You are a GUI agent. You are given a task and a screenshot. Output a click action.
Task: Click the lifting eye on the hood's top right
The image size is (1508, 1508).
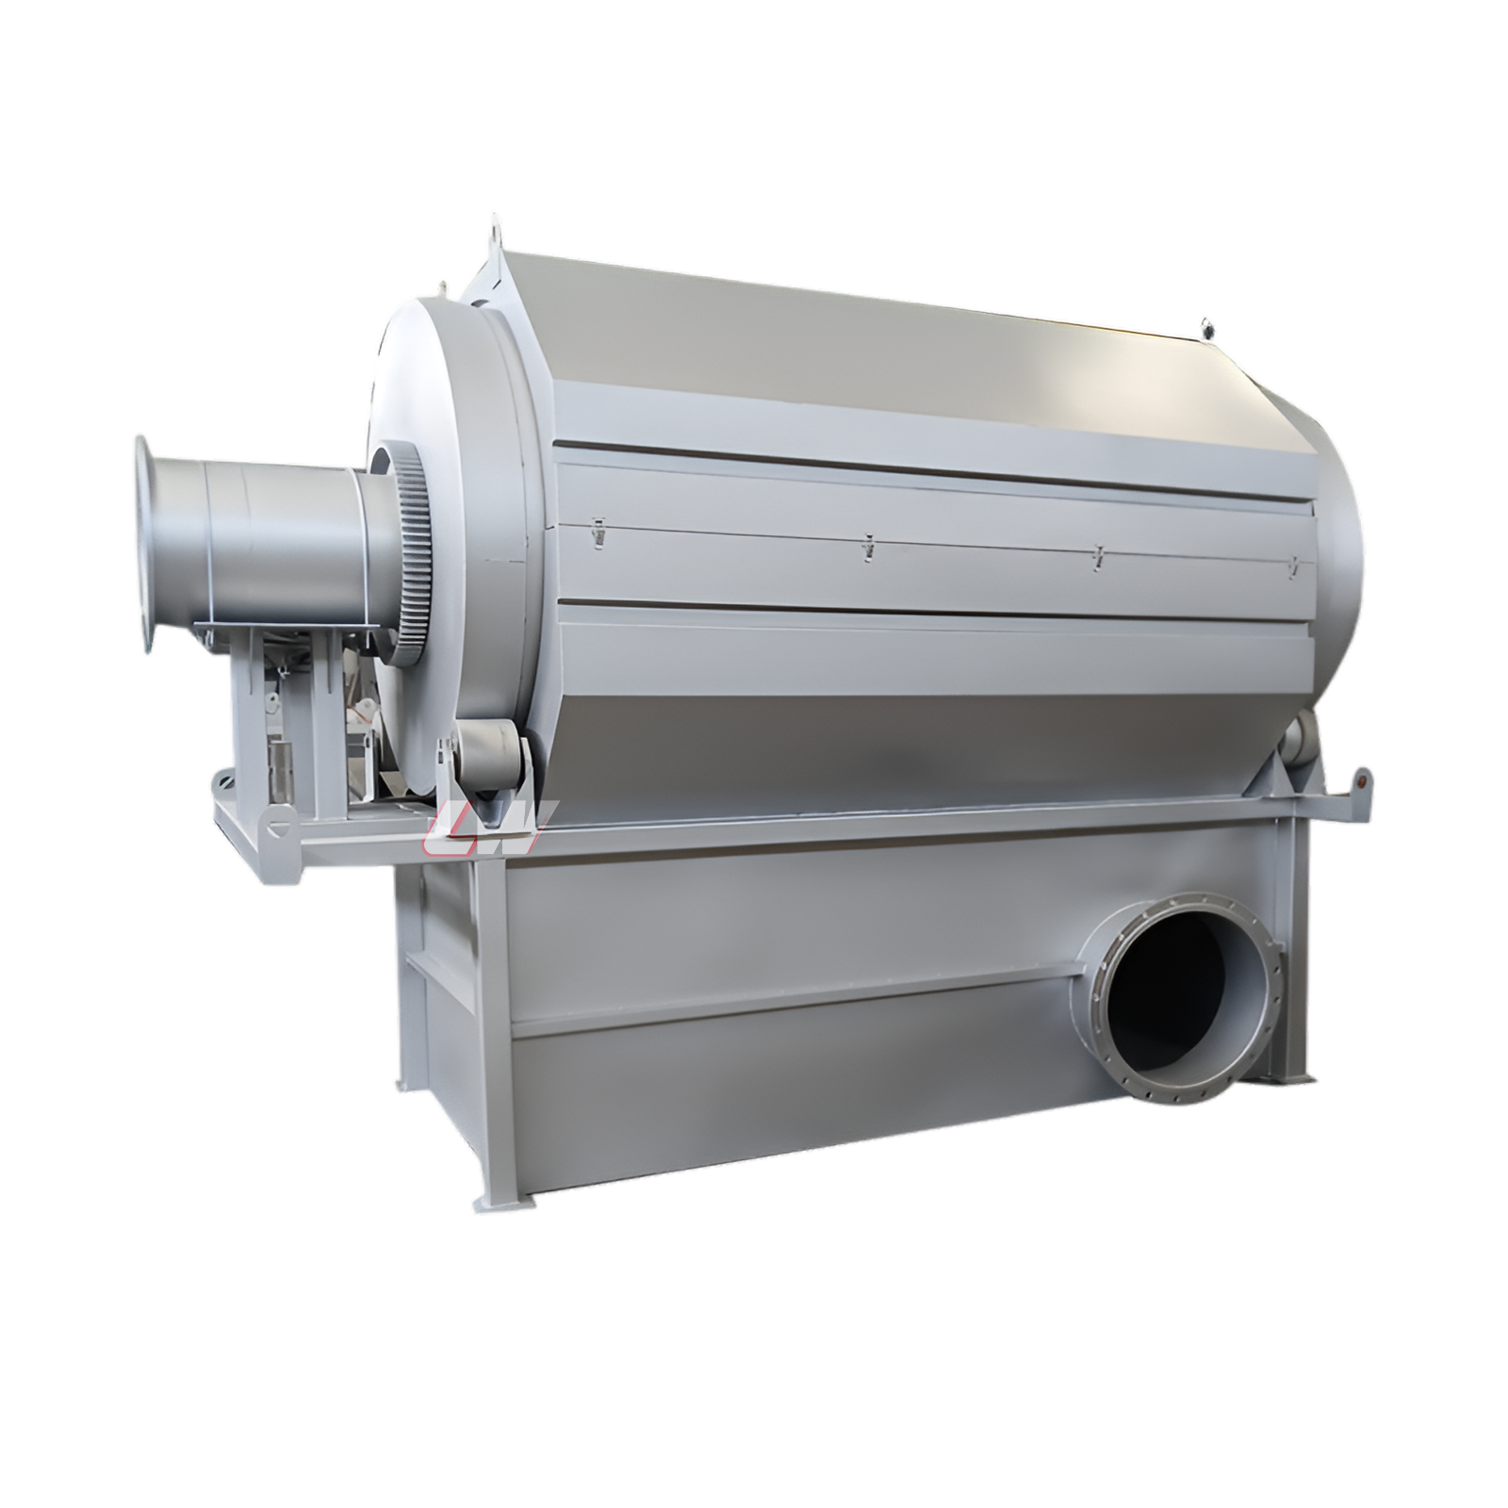pyautogui.click(x=1205, y=327)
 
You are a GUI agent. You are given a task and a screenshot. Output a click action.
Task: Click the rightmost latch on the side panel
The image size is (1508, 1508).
pyautogui.click(x=1293, y=564)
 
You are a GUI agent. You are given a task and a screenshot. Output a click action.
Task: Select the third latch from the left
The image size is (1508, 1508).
pyautogui.click(x=1098, y=556)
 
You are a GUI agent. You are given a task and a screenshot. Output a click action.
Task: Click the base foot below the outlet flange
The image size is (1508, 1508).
pyautogui.click(x=1296, y=1074)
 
